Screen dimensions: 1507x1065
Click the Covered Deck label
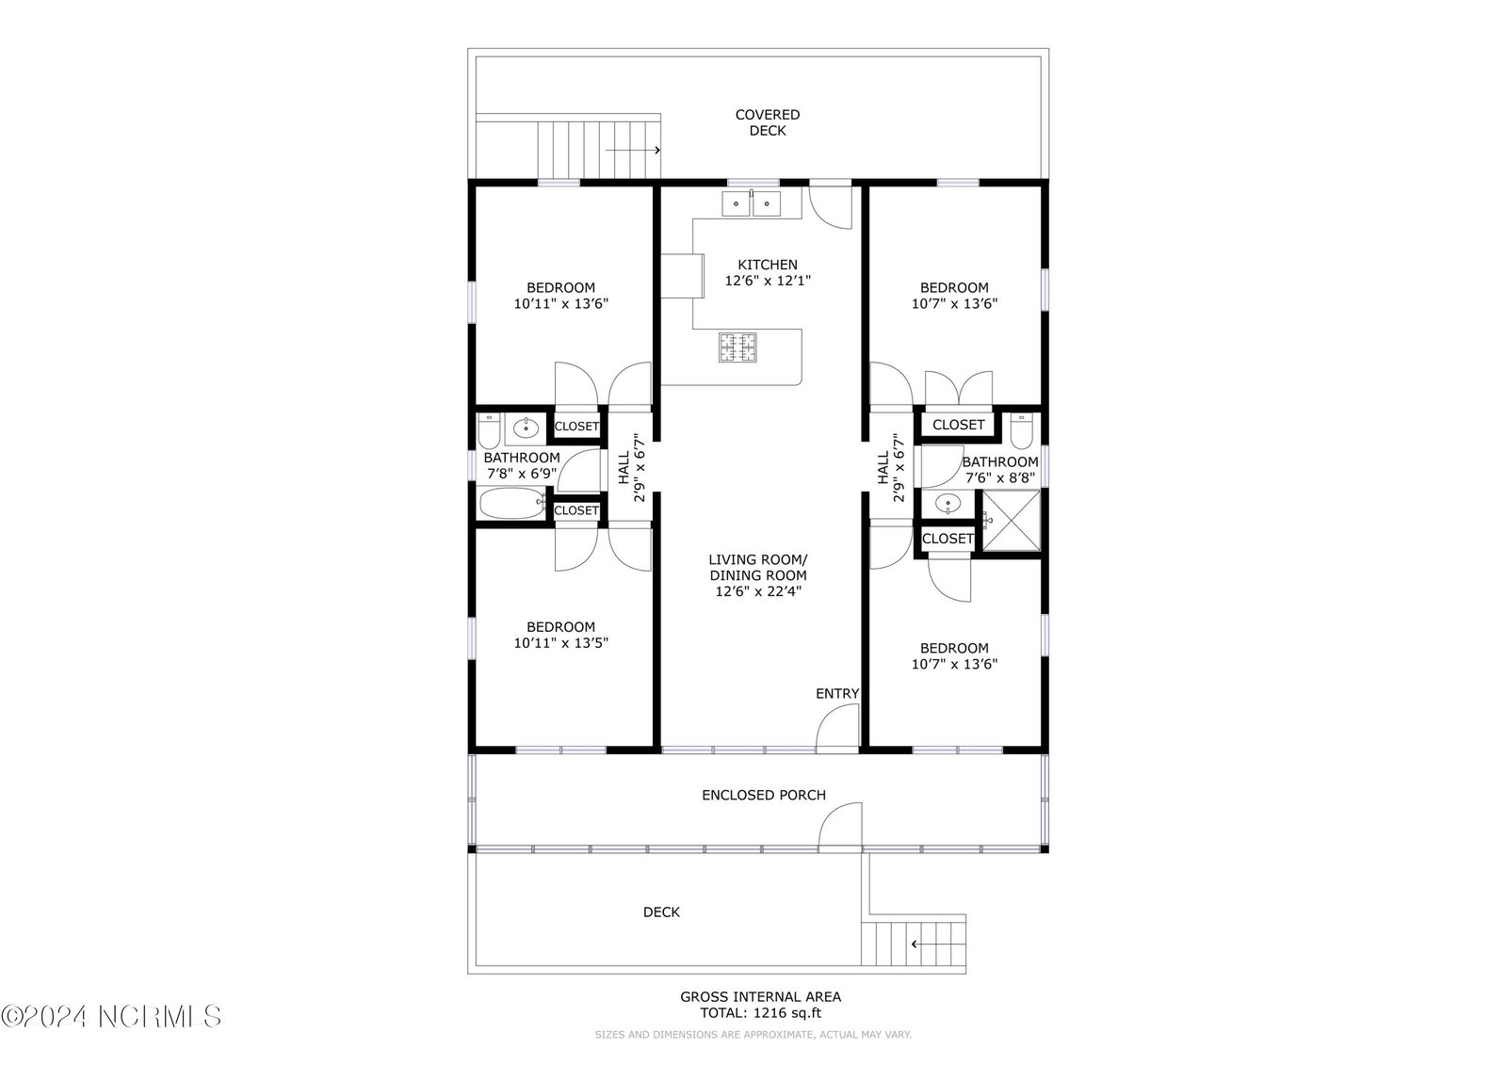tap(767, 122)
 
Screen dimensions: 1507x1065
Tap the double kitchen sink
tap(751, 203)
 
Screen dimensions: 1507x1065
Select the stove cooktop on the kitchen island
tap(737, 347)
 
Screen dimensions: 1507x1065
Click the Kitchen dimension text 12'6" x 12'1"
tap(768, 281)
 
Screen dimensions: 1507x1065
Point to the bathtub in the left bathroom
tap(512, 503)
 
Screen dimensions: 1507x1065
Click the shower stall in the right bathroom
tap(1012, 521)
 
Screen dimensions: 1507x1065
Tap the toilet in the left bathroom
tap(489, 430)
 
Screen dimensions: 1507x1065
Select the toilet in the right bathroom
tap(1021, 431)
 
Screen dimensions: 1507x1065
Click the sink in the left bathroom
tap(526, 428)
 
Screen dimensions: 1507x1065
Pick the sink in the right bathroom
tap(948, 503)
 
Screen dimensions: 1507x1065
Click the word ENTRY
tap(837, 694)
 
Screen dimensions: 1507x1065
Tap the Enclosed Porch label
tap(764, 795)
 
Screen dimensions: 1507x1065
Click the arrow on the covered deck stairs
tap(633, 150)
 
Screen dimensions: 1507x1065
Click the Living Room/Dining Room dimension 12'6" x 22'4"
tap(758, 591)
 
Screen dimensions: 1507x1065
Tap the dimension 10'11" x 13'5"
tap(561, 642)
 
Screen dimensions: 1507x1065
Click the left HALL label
tap(624, 468)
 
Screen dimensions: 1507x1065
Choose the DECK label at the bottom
tap(661, 912)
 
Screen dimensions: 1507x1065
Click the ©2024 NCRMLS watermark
tap(111, 1017)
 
